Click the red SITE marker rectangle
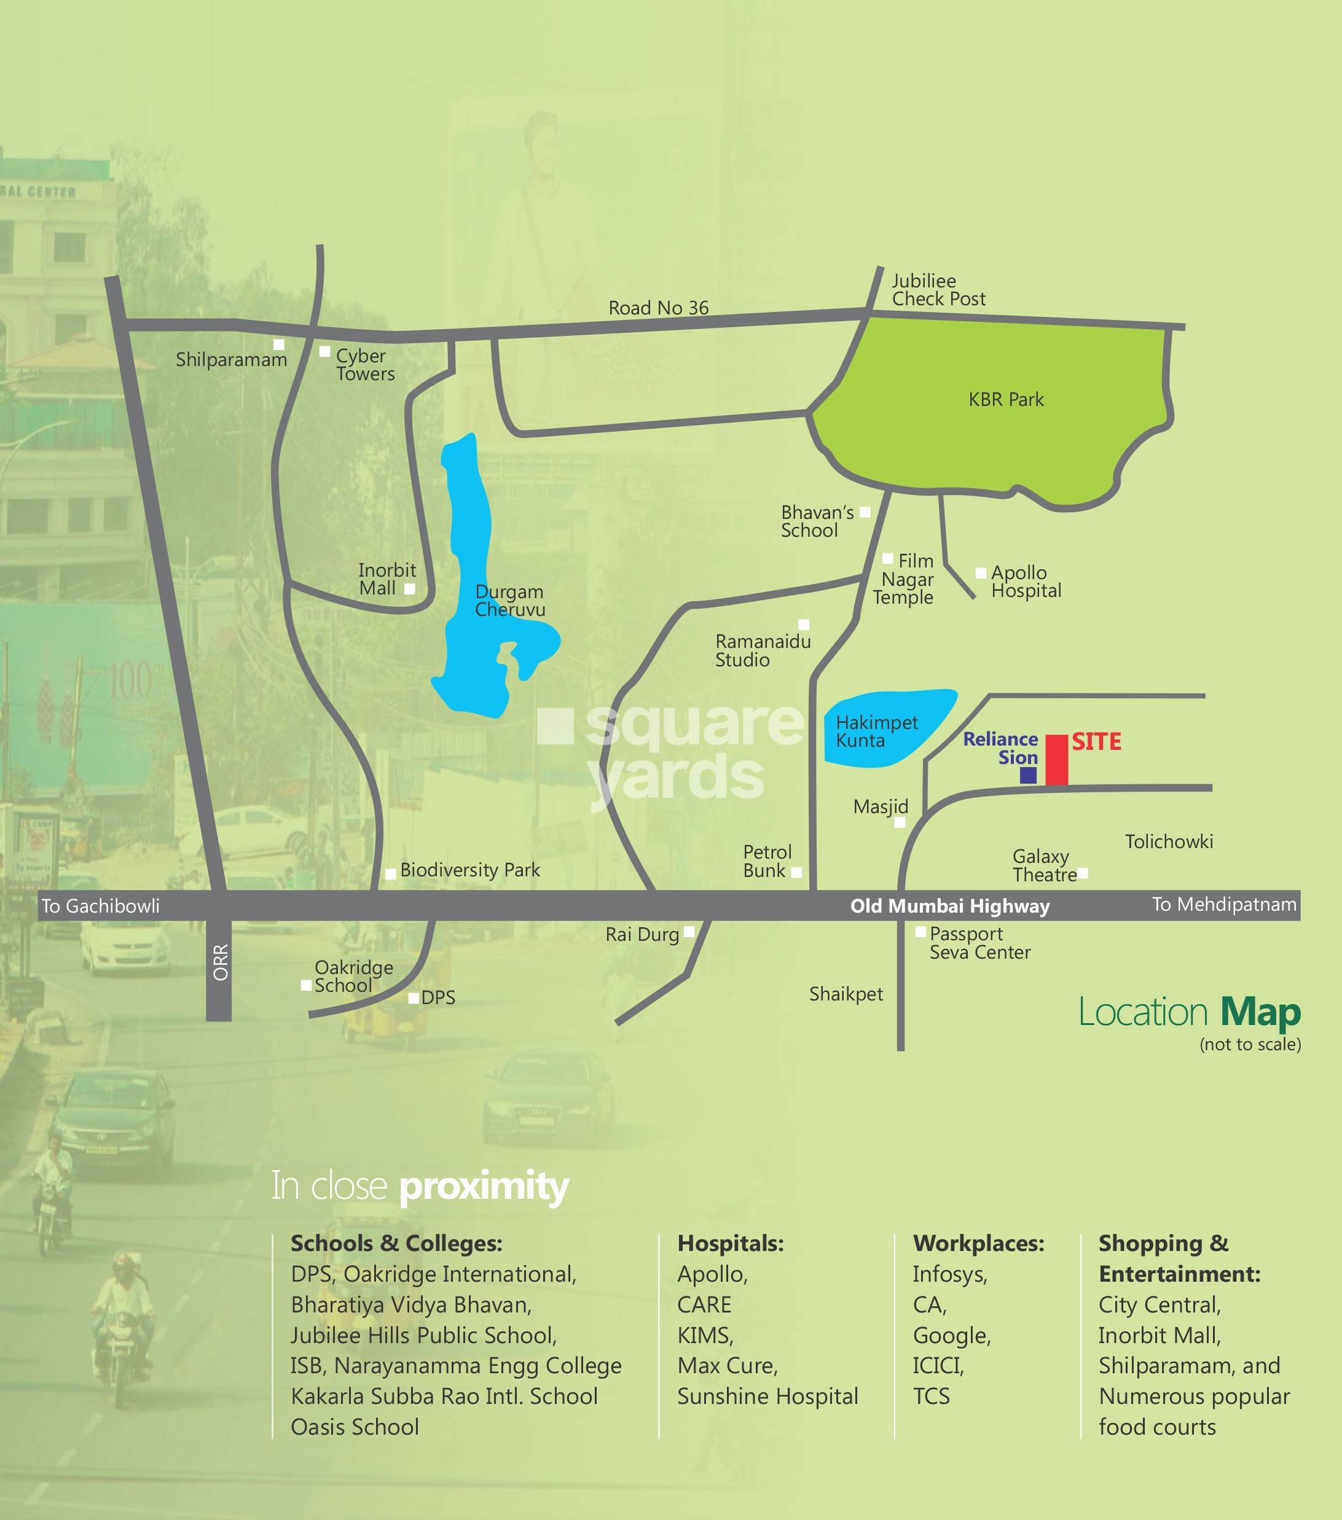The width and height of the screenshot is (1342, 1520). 1056,759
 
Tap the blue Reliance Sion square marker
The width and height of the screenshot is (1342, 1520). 1028,775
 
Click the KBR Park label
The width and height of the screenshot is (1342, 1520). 1006,399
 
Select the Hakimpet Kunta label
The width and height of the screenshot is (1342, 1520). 876,731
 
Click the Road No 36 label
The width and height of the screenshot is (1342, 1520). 658,308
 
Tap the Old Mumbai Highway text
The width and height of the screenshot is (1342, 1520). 950,906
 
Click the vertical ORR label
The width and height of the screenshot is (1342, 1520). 220,962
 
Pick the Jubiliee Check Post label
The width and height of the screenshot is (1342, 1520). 938,290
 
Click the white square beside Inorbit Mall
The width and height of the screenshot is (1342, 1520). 409,589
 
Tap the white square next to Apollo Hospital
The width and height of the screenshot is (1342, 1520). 981,572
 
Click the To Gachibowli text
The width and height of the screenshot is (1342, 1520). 100,906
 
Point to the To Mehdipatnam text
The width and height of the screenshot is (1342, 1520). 1224,904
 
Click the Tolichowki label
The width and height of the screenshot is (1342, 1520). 1169,842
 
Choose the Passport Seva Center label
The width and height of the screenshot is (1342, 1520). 979,943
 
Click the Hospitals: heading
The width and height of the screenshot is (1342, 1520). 730,1244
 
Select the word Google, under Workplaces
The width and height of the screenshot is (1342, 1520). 951,1336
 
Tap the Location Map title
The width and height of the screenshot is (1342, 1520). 1189,1013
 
